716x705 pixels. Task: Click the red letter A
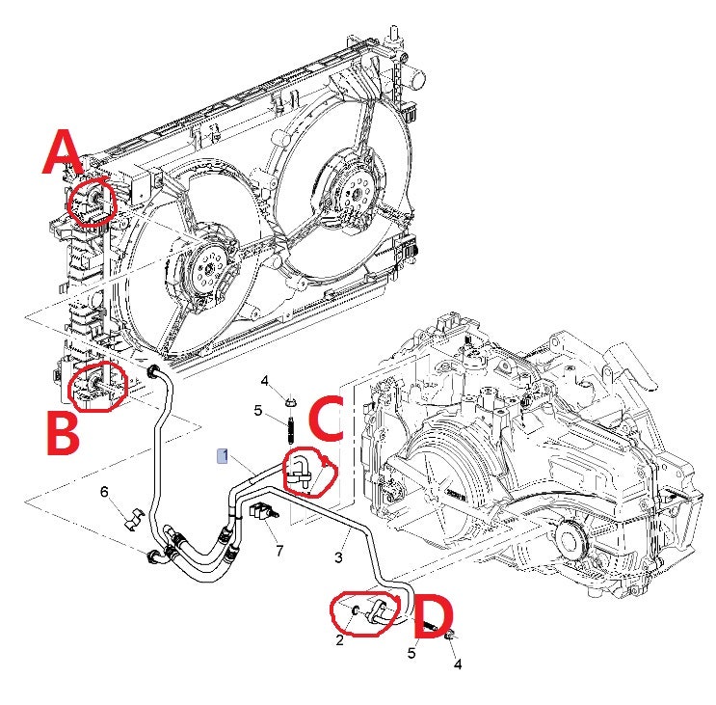point(64,155)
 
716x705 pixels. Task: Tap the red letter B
point(64,435)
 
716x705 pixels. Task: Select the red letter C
point(325,419)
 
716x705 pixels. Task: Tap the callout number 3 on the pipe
point(339,556)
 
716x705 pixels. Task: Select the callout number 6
point(105,493)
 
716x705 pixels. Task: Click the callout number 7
point(279,550)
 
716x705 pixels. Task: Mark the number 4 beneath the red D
point(458,664)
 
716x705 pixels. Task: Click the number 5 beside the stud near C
point(257,410)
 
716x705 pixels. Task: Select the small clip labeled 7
point(259,512)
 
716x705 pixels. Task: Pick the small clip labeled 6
point(131,517)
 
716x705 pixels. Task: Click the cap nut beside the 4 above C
point(289,396)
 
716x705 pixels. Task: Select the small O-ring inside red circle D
point(358,610)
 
